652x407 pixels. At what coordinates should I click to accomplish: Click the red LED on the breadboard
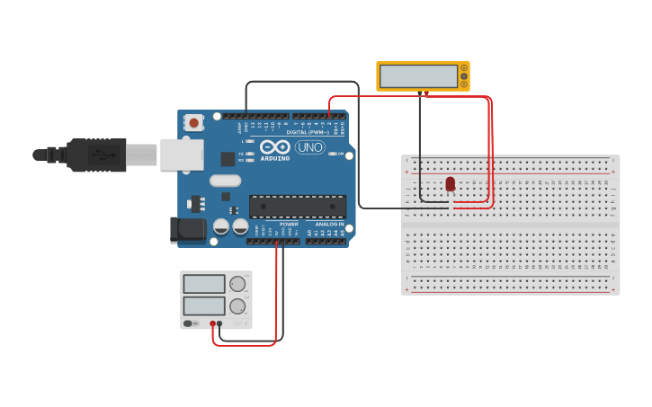(451, 183)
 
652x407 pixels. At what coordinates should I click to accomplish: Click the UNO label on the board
(310, 147)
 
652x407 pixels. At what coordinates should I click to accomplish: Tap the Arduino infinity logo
(274, 146)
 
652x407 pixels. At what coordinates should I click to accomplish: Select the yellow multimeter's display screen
(418, 76)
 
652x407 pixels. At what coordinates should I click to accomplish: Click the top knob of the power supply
(237, 284)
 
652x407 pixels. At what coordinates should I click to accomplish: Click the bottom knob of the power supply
(237, 306)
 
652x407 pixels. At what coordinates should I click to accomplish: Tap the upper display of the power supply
(204, 284)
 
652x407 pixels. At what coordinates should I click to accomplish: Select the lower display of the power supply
(204, 305)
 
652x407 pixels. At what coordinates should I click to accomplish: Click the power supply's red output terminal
(213, 323)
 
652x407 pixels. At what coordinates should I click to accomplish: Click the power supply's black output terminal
(220, 323)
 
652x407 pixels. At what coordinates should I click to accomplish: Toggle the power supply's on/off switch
(191, 323)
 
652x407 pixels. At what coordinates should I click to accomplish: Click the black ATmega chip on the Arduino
(297, 206)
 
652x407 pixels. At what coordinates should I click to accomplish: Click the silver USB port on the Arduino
(182, 155)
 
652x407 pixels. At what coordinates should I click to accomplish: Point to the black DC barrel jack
(188, 229)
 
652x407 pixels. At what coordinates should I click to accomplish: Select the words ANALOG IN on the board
(329, 224)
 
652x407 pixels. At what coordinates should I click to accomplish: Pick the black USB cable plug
(94, 155)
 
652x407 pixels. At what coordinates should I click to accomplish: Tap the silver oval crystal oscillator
(227, 181)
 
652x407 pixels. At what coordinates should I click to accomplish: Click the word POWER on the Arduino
(288, 224)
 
